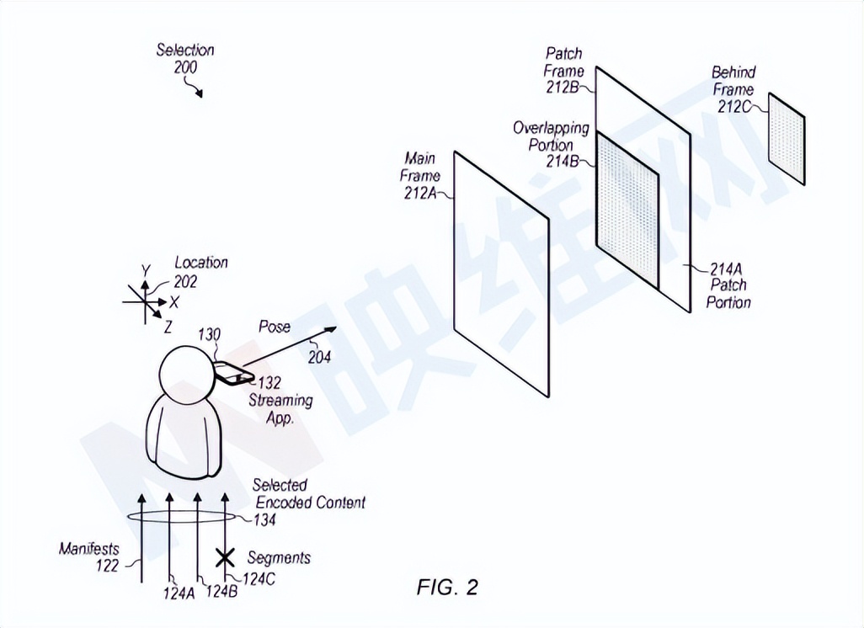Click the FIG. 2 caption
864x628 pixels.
tap(446, 587)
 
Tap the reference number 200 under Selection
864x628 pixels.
tap(186, 67)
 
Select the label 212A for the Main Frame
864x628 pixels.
tap(421, 193)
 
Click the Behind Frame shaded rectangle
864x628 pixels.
tap(787, 138)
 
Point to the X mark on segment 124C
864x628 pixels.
tap(225, 556)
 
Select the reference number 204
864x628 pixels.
tap(319, 356)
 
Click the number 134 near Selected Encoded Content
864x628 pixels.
tap(268, 519)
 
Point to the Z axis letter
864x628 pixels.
tap(168, 325)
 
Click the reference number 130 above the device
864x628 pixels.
tap(209, 335)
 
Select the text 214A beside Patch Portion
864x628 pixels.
tap(726, 269)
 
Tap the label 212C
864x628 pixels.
tap(733, 107)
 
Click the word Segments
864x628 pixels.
tap(279, 557)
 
